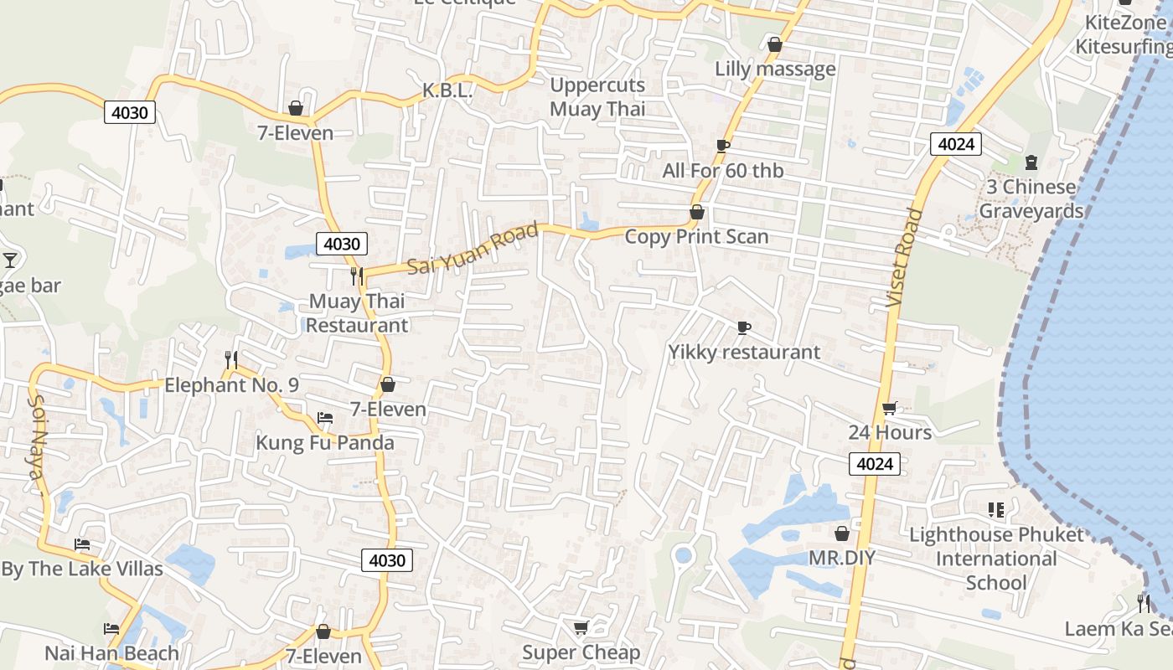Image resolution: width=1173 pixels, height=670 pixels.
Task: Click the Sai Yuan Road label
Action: [472, 249]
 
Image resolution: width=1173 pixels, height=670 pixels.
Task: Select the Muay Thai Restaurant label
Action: [357, 312]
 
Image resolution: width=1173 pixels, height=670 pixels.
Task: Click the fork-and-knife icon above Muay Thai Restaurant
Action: [357, 276]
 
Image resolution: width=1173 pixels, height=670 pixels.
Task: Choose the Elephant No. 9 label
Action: [231, 385]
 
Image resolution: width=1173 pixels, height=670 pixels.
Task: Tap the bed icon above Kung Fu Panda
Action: [325, 418]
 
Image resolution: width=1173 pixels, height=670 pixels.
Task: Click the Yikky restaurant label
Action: [744, 352]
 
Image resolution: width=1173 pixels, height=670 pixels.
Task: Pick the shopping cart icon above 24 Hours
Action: [890, 408]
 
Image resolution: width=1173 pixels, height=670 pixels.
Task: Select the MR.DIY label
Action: [841, 558]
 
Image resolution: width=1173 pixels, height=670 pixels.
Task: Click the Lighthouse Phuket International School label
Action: [996, 559]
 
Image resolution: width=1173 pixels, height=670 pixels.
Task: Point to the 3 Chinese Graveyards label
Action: [1031, 198]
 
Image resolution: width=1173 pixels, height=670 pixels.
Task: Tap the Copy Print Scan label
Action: [696, 236]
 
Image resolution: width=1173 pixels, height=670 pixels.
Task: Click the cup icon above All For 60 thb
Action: [723, 146]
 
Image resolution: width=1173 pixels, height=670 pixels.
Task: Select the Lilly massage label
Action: [775, 69]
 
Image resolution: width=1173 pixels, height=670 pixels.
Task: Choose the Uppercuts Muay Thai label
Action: [597, 96]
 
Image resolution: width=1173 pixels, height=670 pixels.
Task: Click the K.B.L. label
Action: [447, 90]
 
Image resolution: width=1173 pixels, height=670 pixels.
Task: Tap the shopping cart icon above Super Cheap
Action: [581, 627]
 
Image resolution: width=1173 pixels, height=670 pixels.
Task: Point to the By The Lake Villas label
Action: [82, 569]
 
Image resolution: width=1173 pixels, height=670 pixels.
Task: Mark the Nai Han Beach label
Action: [111, 653]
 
